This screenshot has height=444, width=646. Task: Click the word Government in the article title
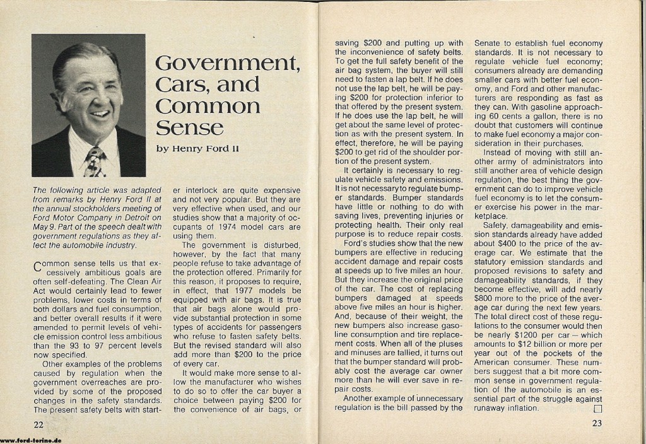[226, 63]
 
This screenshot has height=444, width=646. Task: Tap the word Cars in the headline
[182, 85]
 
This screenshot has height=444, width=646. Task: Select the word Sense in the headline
[189, 127]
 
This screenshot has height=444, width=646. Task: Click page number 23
[598, 423]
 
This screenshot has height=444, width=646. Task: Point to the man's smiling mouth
[99, 114]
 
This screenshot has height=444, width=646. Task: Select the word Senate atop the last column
[490, 44]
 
